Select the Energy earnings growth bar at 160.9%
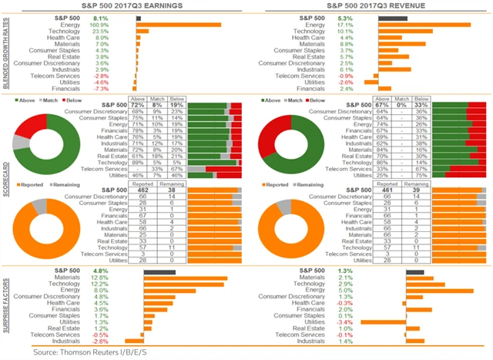(178, 25)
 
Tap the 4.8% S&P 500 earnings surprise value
(100, 271)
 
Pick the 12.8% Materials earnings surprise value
(100, 278)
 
